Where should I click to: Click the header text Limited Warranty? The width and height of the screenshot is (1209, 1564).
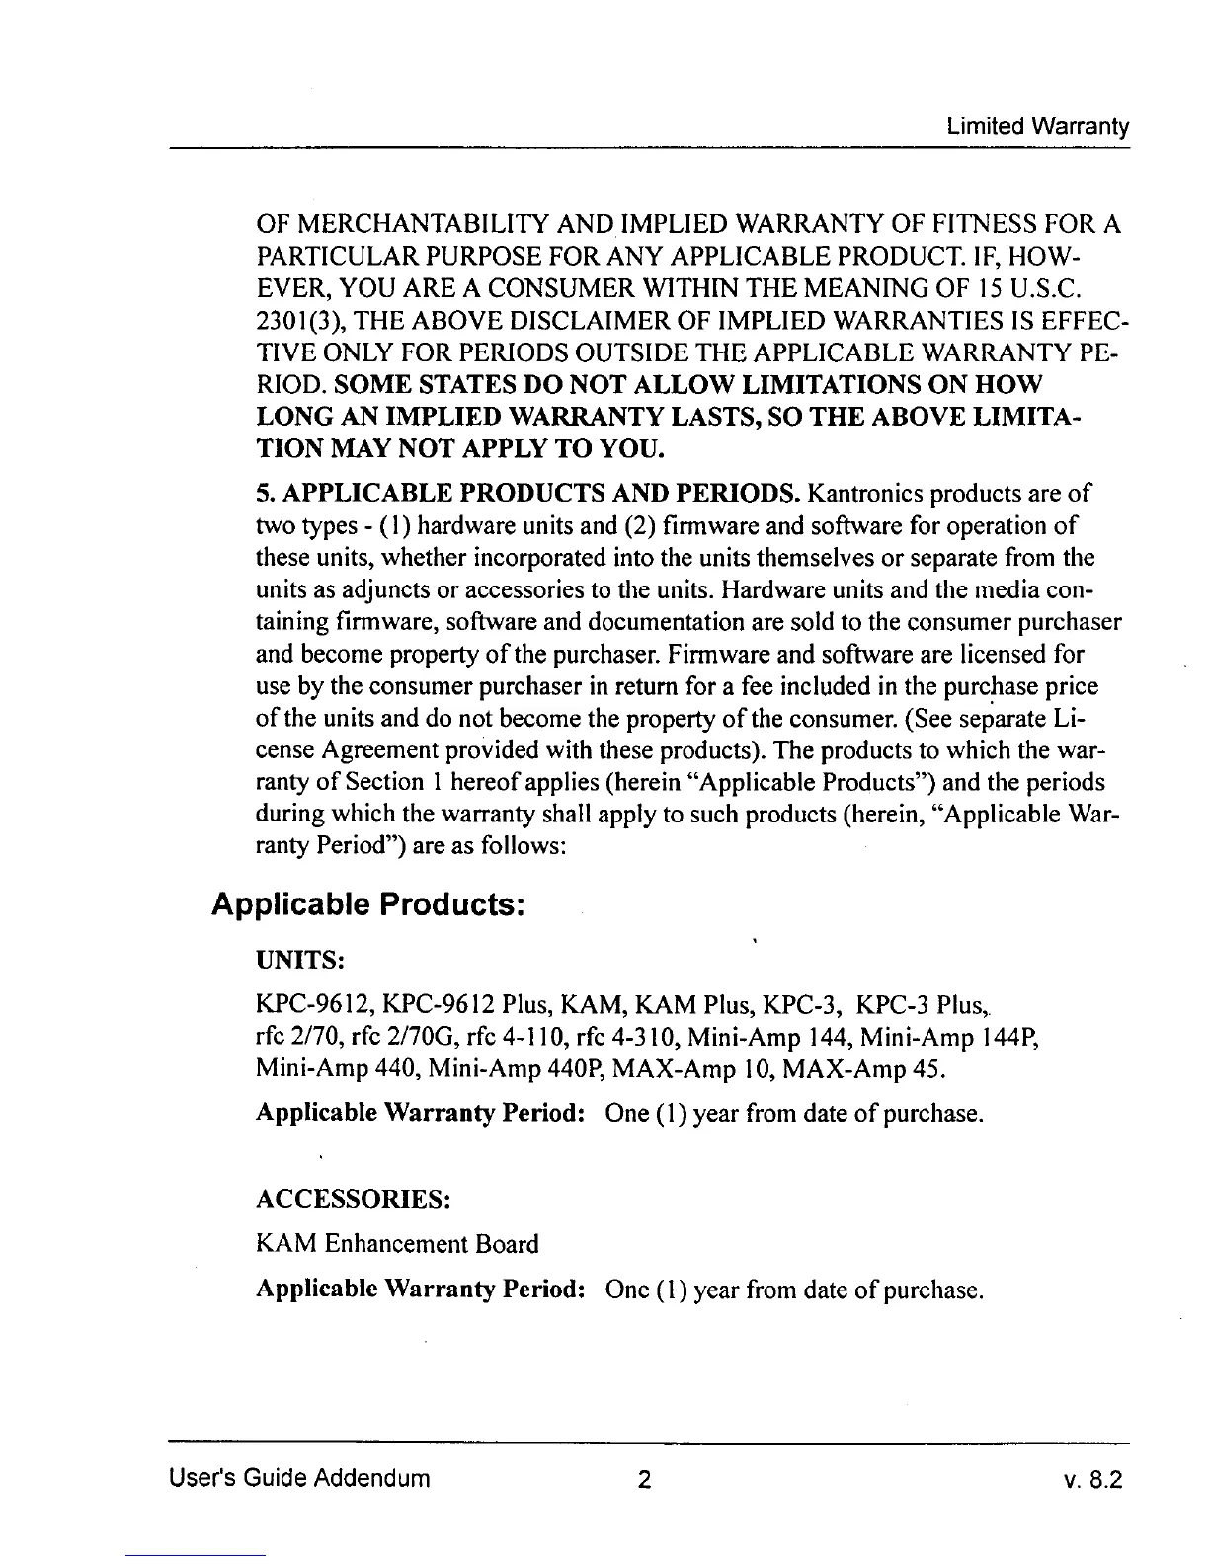point(1037,127)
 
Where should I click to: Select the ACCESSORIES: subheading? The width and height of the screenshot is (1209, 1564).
point(354,1199)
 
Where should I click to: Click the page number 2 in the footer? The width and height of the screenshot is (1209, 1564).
point(643,1479)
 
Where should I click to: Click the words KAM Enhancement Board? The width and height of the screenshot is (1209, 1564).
point(397,1244)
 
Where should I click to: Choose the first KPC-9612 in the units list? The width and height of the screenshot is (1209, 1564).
point(299,1006)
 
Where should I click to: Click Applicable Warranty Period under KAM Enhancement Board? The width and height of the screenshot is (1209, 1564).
point(422,1290)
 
